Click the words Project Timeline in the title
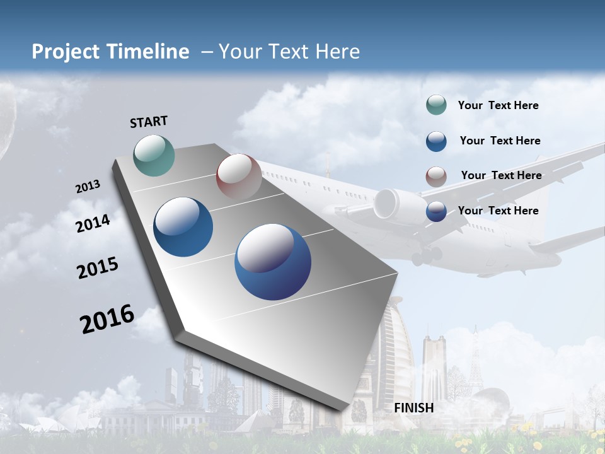(x=110, y=52)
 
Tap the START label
(x=149, y=122)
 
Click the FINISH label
(x=413, y=408)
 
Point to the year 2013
(x=88, y=187)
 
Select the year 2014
(x=93, y=223)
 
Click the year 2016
(x=107, y=318)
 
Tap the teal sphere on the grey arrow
(x=154, y=155)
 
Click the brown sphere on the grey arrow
(x=239, y=177)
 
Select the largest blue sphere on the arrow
(x=273, y=262)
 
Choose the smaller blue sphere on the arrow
(x=183, y=227)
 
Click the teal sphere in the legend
(x=436, y=105)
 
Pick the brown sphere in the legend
(x=436, y=176)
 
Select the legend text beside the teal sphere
(x=498, y=105)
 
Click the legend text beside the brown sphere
(x=501, y=175)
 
